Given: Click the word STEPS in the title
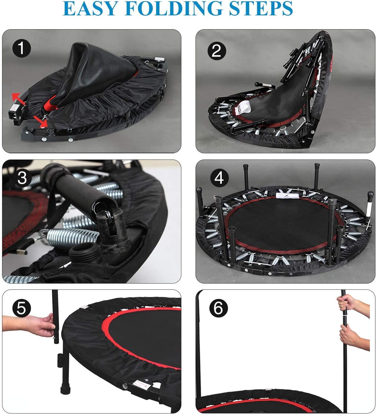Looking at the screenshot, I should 261,9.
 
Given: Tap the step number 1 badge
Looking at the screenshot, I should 22,48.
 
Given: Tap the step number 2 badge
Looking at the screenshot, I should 217,51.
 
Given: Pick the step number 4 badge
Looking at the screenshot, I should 219,178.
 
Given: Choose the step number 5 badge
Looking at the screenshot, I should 22,308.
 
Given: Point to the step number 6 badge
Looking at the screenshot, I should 219,308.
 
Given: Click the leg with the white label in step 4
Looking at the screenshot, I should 369,207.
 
